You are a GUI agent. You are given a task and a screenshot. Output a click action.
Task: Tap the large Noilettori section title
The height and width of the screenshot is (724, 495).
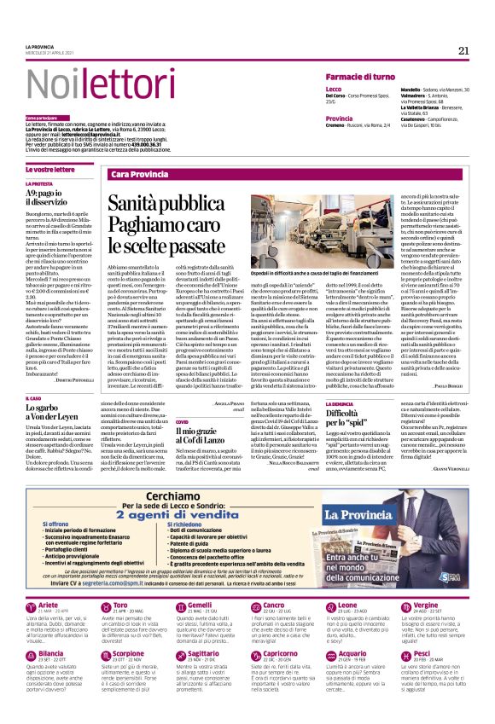(x=82, y=86)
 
